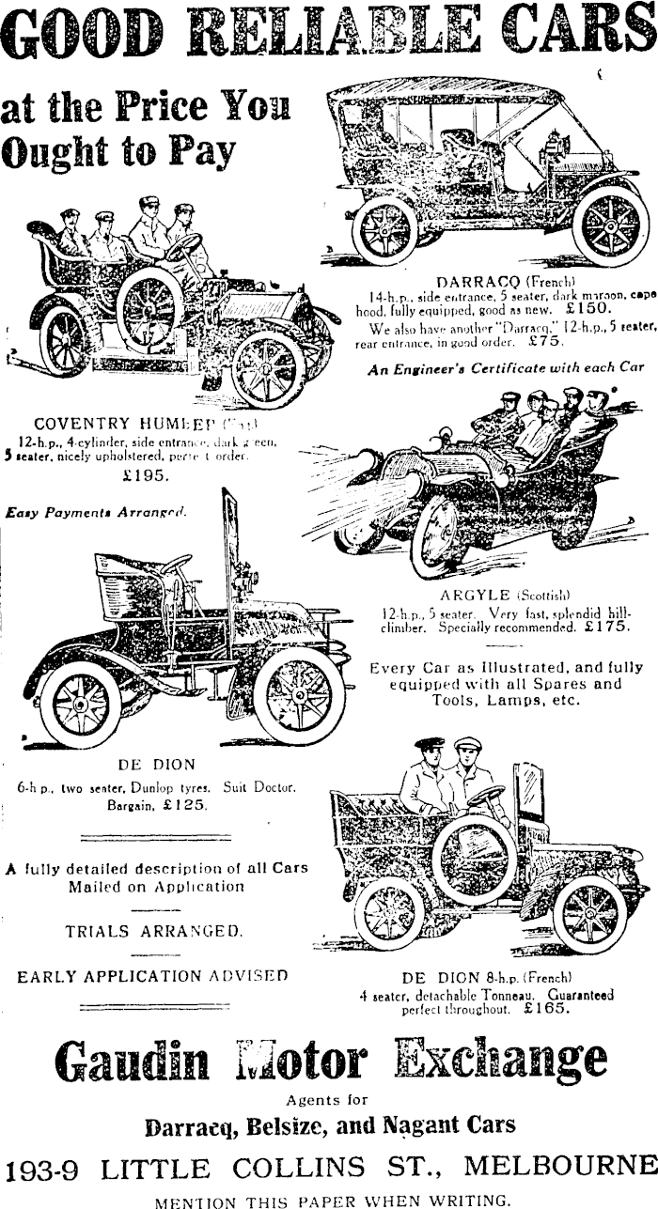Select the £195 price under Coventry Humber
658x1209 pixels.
pos(146,475)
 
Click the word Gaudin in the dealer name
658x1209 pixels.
pos(131,1061)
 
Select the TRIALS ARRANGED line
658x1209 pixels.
pos(153,932)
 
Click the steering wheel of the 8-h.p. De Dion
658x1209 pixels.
pos(485,796)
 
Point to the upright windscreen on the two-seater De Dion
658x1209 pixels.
pos(229,545)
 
